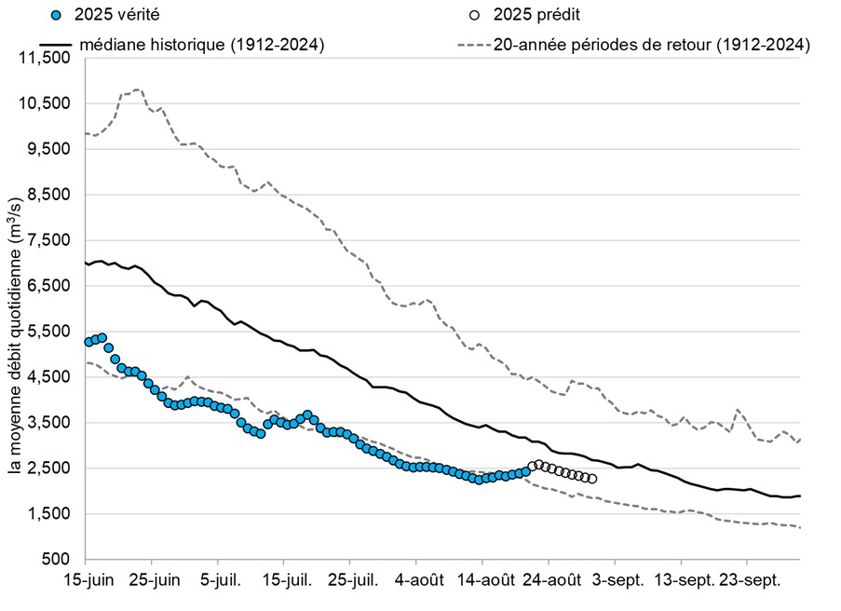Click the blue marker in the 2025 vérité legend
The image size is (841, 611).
pyautogui.click(x=57, y=15)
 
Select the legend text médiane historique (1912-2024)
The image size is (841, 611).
pyautogui.click(x=201, y=45)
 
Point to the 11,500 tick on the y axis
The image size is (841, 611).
pyautogui.click(x=45, y=58)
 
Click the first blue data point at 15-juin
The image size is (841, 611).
pyautogui.click(x=88, y=342)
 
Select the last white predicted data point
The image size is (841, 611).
pyautogui.click(x=591, y=479)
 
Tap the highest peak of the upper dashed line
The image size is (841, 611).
pyautogui.click(x=138, y=90)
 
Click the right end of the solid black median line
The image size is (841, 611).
pyautogui.click(x=799, y=496)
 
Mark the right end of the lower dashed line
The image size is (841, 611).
pyautogui.click(x=799, y=528)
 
